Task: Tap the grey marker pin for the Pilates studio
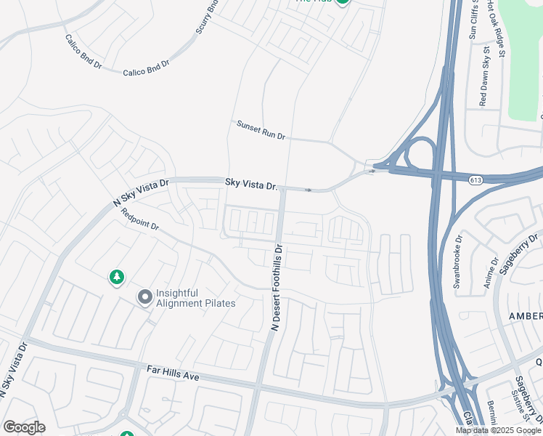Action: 145,297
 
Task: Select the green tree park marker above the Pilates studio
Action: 116,277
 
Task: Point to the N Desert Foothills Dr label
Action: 278,288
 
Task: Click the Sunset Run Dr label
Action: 261,130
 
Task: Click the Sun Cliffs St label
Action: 473,20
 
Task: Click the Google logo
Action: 24,427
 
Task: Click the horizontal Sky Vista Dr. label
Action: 252,185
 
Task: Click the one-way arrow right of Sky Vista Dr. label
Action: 309,190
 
